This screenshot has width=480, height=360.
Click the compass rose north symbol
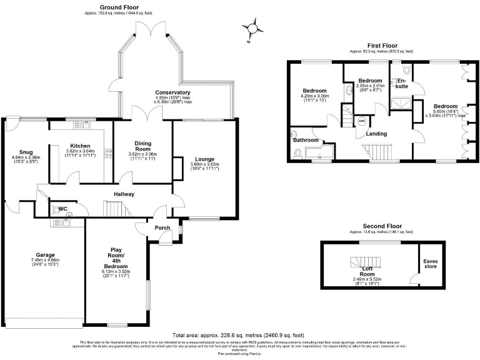click(252, 28)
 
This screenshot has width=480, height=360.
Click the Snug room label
click(25, 152)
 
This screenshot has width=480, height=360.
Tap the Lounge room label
click(204, 158)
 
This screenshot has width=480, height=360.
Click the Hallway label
click(124, 194)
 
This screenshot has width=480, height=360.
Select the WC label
click(62, 209)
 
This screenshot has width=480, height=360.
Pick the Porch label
click(162, 228)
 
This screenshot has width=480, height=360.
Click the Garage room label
click(45, 255)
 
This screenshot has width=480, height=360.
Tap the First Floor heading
click(382, 46)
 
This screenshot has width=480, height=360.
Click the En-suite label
click(402, 83)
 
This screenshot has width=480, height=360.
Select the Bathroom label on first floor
click(306, 140)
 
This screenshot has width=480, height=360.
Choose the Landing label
click(376, 134)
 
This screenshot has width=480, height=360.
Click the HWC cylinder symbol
click(362, 121)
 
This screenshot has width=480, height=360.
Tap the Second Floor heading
click(381, 226)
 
